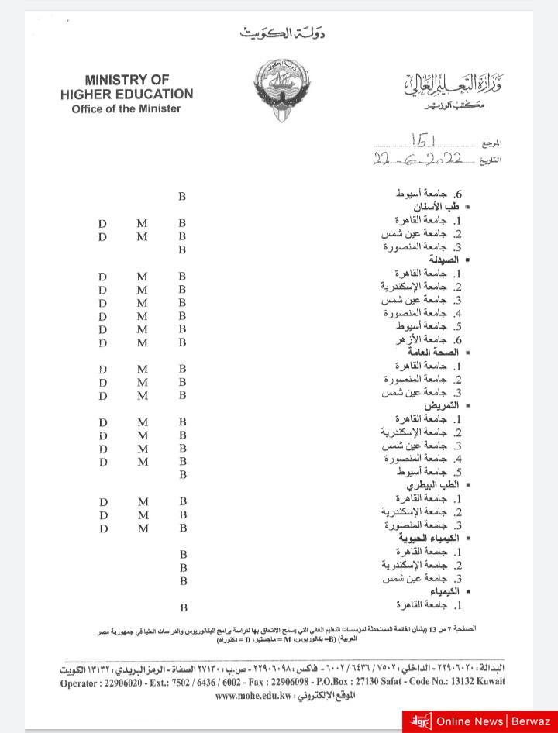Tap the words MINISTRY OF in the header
coord(127,80)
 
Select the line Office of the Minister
coord(126,109)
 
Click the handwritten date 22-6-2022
coord(418,158)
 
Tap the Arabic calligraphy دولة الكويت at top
coord(283,33)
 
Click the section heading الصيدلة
coord(444,260)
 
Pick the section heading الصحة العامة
coord(433,353)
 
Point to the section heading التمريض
coord(441,405)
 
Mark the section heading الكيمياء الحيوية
coord(429,538)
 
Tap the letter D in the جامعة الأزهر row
coord(102,342)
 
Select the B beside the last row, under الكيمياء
coord(183,608)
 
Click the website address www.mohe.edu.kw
coord(253,696)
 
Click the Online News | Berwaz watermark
coord(480,721)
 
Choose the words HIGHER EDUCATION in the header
coord(127,94)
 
